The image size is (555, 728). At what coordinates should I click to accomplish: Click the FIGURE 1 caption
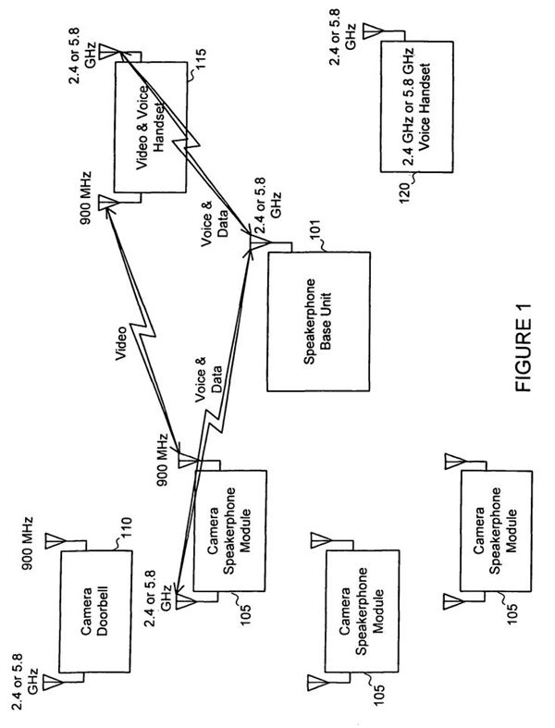pos(523,355)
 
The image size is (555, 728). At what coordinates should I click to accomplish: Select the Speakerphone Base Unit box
pos(317,320)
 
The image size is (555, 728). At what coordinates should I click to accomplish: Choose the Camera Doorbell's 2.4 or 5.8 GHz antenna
pos(50,683)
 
